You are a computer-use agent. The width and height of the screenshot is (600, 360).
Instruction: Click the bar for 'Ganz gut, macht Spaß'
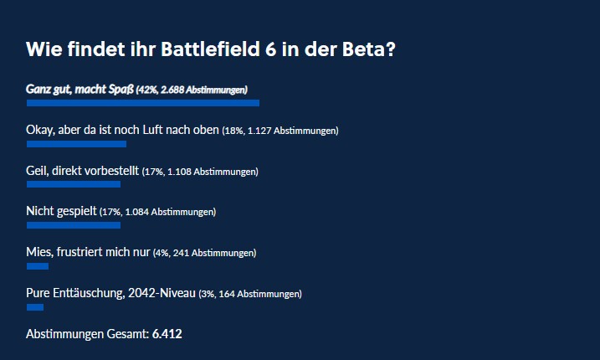pyautogui.click(x=142, y=103)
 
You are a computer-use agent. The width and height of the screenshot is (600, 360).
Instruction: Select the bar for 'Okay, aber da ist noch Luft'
pyautogui.click(x=76, y=144)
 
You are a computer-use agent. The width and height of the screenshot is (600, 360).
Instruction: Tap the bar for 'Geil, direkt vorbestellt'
pyautogui.click(x=74, y=184)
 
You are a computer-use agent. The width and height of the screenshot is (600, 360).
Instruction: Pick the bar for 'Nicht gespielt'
pyautogui.click(x=74, y=225)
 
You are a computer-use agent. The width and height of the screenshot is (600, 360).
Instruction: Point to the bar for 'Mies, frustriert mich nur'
pyautogui.click(x=38, y=266)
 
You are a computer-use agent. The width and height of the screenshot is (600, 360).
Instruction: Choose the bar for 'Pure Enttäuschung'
pyautogui.click(x=35, y=307)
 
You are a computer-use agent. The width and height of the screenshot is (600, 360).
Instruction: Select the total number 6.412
pyautogui.click(x=167, y=334)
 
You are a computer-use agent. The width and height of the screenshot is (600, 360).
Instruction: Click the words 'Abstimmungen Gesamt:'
pyautogui.click(x=87, y=334)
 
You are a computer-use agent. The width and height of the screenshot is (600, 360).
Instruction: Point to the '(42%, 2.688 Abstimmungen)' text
pyautogui.click(x=192, y=90)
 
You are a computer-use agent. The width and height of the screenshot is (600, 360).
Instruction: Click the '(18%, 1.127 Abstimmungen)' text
pyautogui.click(x=279, y=131)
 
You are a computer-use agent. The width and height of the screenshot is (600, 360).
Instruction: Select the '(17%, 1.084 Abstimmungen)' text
pyautogui.click(x=157, y=213)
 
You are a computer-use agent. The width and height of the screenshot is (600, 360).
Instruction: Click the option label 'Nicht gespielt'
pyautogui.click(x=61, y=212)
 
